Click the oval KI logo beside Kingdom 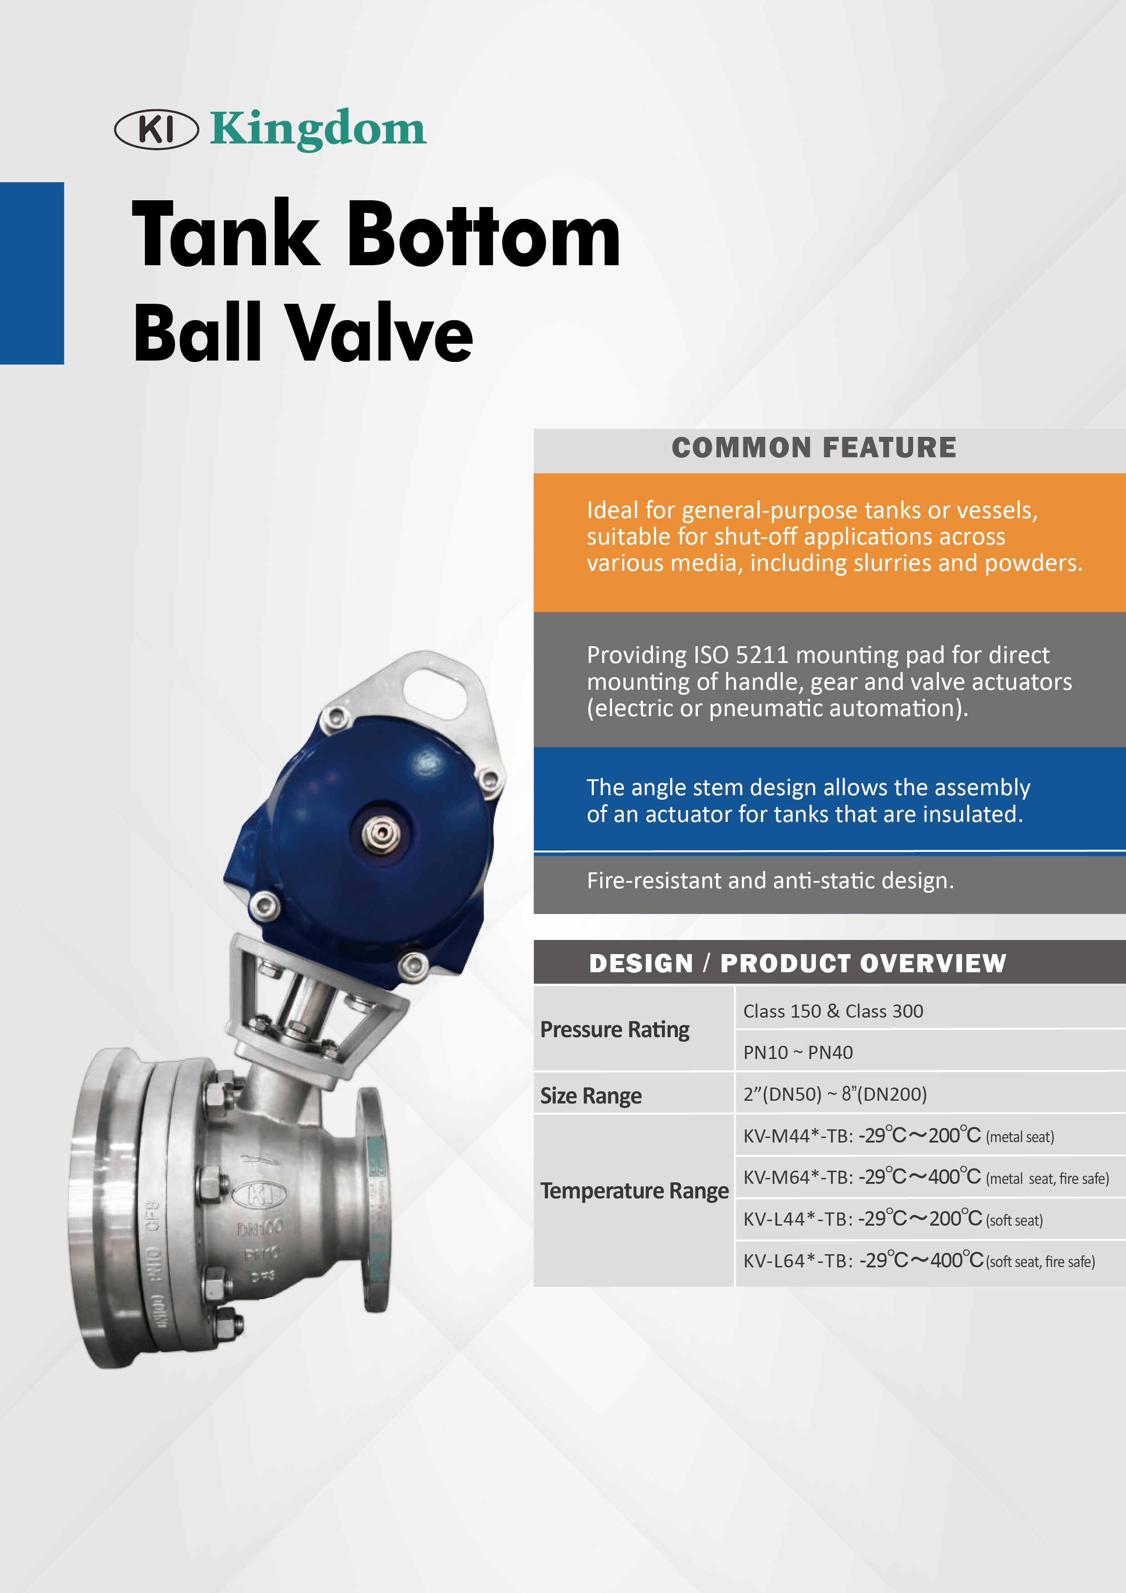(156, 129)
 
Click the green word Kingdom (318, 129)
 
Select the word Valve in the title (380, 333)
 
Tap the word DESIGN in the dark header (640, 964)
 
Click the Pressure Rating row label (615, 1029)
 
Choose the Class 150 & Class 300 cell (833, 1011)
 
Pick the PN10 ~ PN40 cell (798, 1053)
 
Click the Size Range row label (591, 1096)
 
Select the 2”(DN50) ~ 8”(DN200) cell (835, 1094)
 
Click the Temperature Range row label (634, 1191)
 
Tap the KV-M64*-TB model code (798, 1177)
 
